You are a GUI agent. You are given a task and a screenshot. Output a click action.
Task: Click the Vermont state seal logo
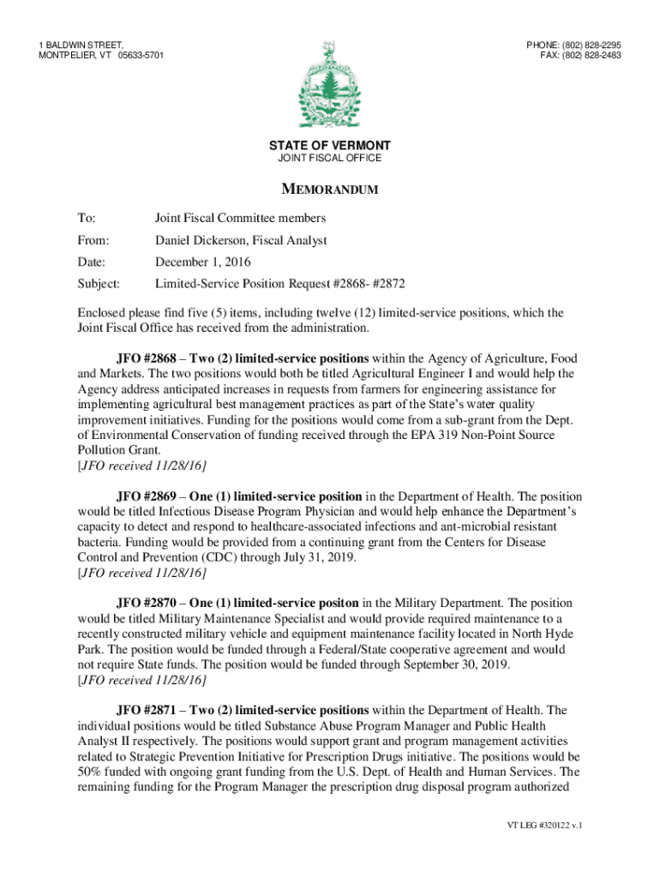tap(329, 85)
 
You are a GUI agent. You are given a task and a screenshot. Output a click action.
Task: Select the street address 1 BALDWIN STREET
tap(81, 45)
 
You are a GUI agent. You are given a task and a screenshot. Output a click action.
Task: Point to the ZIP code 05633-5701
tap(141, 56)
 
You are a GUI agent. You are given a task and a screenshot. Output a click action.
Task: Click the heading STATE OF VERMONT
tap(330, 146)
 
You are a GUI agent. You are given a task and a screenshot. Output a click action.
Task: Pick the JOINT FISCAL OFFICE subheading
tap(330, 159)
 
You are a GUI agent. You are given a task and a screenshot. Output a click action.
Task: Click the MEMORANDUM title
tap(330, 189)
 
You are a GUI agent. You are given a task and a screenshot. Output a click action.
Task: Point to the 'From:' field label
tap(94, 241)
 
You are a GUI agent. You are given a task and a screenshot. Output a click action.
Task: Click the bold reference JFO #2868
tap(147, 358)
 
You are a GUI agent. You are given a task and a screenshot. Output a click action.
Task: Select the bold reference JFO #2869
tap(147, 496)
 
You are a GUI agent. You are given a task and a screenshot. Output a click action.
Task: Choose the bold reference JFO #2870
tap(147, 603)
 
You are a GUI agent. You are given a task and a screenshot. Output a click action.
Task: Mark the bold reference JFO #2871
tap(147, 710)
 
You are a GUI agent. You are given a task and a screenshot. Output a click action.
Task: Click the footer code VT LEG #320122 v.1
tap(544, 826)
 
